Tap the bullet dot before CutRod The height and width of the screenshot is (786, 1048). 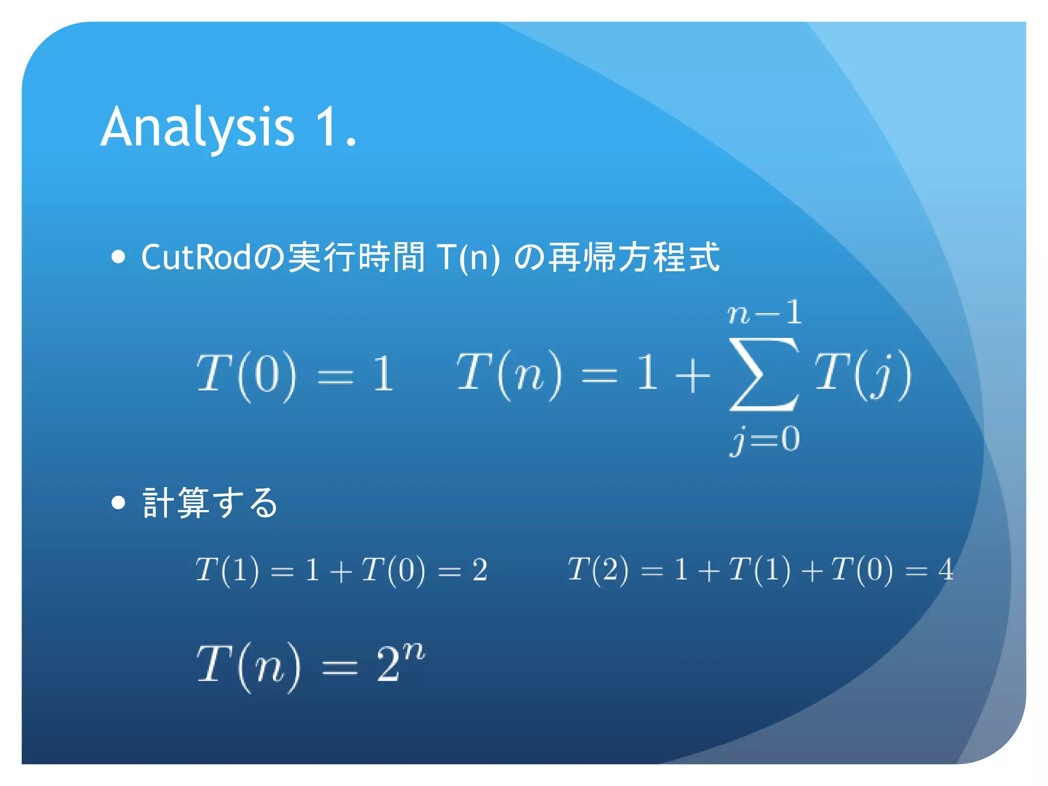tap(118, 257)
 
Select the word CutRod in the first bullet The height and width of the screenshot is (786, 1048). tap(196, 257)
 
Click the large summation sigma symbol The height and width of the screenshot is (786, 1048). tap(764, 375)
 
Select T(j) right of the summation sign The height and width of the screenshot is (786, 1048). tap(863, 375)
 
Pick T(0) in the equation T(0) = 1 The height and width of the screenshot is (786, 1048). tap(246, 375)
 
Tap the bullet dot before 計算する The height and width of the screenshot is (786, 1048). tap(118, 503)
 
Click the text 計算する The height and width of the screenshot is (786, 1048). tap(210, 503)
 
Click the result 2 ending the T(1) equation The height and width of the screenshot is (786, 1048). tap(479, 570)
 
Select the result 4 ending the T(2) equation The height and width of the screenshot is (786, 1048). tap(946, 570)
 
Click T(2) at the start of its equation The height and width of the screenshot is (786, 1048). tap(598, 570)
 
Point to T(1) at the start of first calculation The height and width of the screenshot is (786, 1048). tap(227, 570)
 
